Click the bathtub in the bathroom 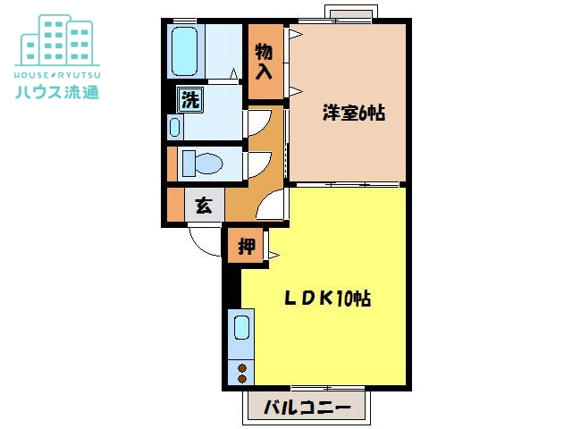[184, 51]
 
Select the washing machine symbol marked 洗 [190, 99]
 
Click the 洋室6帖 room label [354, 113]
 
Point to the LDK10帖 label [327, 299]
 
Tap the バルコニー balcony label [307, 407]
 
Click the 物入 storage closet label [265, 61]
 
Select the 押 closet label [247, 247]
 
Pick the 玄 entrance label [204, 206]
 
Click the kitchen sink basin [241, 327]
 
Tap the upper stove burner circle [242, 368]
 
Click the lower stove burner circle [242, 379]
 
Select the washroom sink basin [175, 127]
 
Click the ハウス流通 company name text [57, 92]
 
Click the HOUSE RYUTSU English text [57, 75]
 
